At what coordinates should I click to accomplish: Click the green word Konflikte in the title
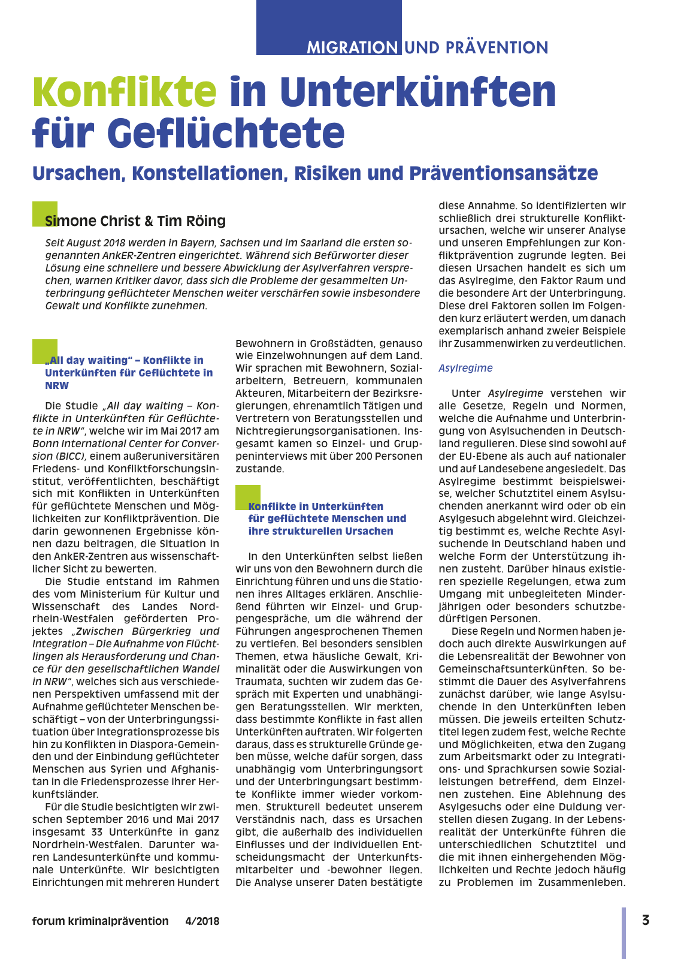124,92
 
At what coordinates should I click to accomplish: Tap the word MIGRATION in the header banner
352,47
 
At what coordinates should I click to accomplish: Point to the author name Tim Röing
192,221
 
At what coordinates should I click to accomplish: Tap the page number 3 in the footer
645,920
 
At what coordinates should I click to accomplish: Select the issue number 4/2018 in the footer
202,921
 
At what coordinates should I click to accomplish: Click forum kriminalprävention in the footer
100,921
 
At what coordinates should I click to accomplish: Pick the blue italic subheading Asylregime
465,368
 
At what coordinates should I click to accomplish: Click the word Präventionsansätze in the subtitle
503,173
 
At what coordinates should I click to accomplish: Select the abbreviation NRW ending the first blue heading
57,385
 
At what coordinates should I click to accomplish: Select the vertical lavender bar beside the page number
623,932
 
